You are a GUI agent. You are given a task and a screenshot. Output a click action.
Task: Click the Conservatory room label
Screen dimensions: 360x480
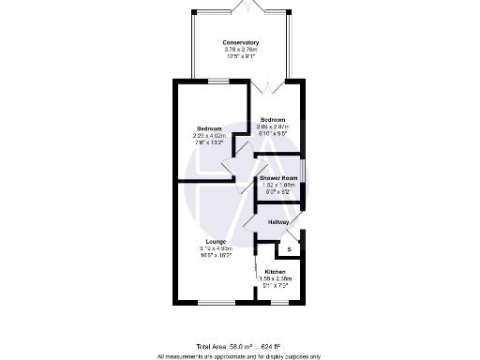[240, 42]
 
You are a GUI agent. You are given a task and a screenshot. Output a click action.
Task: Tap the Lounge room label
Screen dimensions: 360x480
[215, 241]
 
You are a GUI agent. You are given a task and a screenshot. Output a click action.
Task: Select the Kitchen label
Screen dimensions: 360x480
[276, 272]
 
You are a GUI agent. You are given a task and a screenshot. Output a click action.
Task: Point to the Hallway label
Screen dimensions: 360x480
[278, 221]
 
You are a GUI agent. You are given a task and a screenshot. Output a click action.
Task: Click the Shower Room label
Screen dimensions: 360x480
[278, 177]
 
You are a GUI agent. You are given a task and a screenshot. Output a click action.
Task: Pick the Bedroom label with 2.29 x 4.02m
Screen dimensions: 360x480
[209, 128]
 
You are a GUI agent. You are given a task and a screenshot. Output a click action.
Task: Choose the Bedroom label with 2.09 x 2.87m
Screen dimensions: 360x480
[273, 120]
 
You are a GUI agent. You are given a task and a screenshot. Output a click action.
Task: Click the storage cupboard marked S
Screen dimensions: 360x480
[289, 249]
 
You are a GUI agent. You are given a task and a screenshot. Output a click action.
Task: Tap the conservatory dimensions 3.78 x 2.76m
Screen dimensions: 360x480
[240, 50]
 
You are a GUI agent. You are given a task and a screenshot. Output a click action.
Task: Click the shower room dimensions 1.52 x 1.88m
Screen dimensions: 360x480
[278, 185]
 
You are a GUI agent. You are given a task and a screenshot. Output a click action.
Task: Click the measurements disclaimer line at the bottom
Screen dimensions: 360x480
[240, 355]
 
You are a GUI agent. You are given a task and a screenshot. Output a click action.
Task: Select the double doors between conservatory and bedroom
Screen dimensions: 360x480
[268, 84]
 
